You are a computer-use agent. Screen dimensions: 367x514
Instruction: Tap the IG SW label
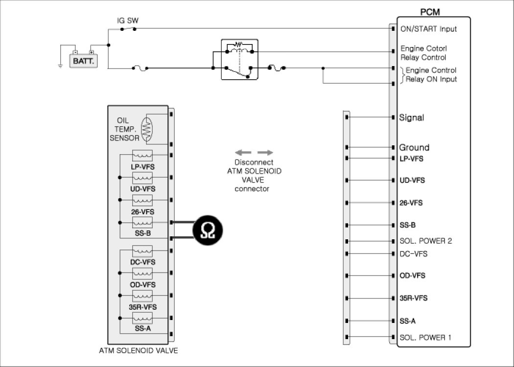[127, 21]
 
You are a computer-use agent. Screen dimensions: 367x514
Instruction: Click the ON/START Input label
[428, 29]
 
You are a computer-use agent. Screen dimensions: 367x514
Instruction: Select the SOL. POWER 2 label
[425, 241]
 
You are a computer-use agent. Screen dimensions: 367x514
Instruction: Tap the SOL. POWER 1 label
[425, 337]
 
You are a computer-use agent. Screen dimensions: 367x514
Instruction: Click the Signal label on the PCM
[412, 117]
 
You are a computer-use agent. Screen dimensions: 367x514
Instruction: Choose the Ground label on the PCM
[414, 147]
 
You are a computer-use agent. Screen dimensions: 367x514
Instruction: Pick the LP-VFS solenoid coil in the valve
[142, 156]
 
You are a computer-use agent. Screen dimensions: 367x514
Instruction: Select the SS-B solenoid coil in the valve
[142, 223]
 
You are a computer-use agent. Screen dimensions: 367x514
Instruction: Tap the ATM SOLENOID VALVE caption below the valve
[139, 350]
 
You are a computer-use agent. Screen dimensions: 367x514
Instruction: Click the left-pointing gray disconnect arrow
[243, 153]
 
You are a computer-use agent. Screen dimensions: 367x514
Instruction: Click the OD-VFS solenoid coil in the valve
[142, 274]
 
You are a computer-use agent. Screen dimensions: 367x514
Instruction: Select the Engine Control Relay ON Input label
[431, 75]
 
